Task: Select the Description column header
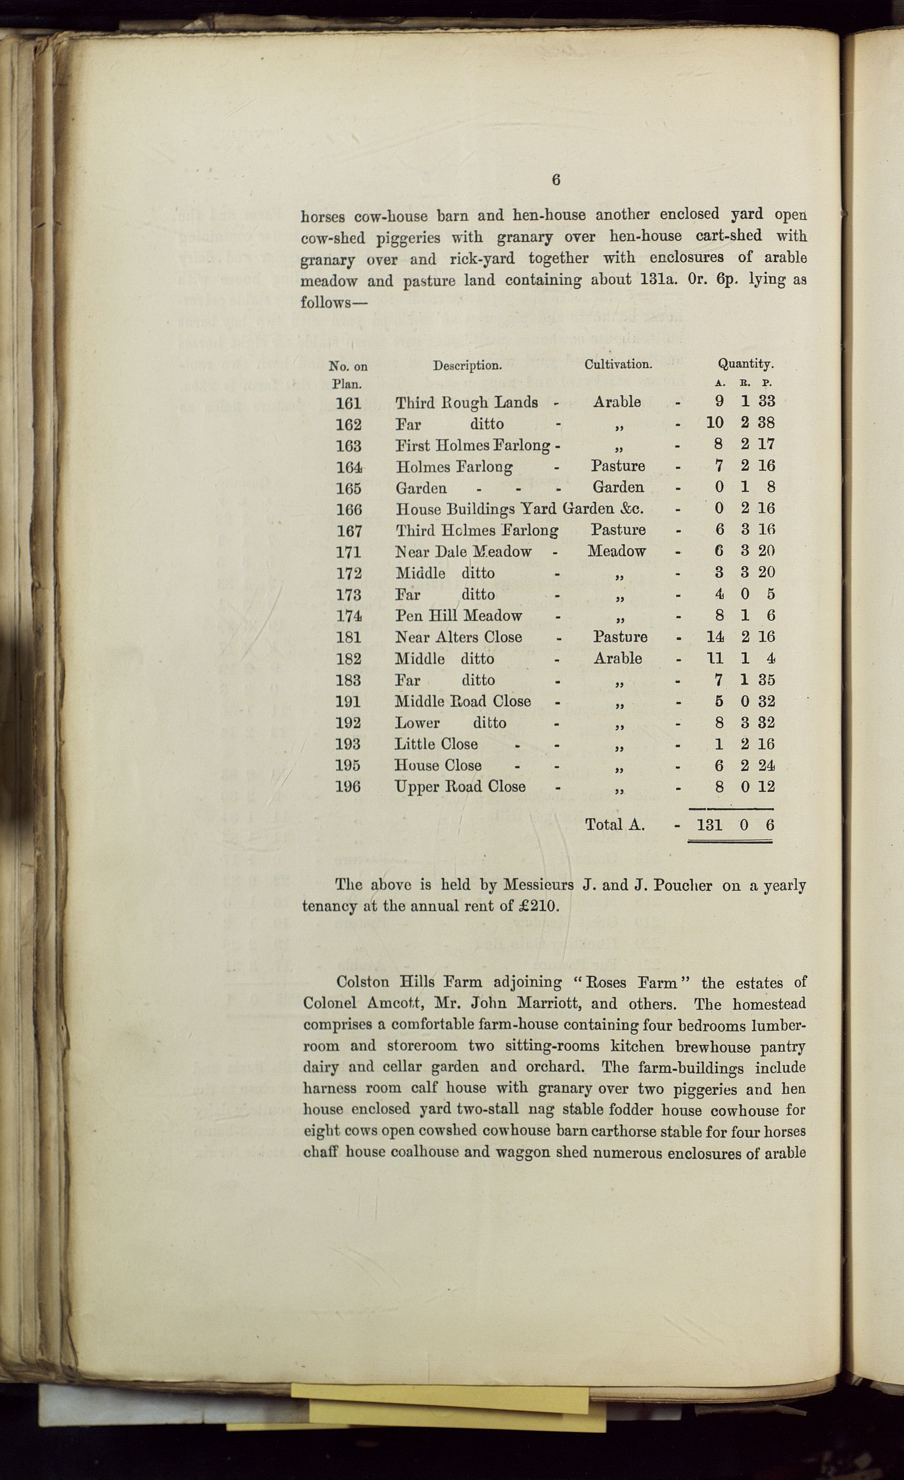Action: (467, 365)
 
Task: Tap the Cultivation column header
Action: (618, 364)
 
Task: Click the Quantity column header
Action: (745, 363)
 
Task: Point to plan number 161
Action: (349, 403)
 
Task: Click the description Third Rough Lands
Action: (467, 403)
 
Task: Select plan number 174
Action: (349, 616)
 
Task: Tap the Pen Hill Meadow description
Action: (458, 616)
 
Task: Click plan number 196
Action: (348, 787)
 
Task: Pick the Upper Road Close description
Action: (460, 787)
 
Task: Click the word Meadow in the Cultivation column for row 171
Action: (617, 551)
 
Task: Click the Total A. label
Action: (615, 824)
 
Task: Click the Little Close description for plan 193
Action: (436, 744)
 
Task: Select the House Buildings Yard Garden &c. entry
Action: (519, 509)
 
